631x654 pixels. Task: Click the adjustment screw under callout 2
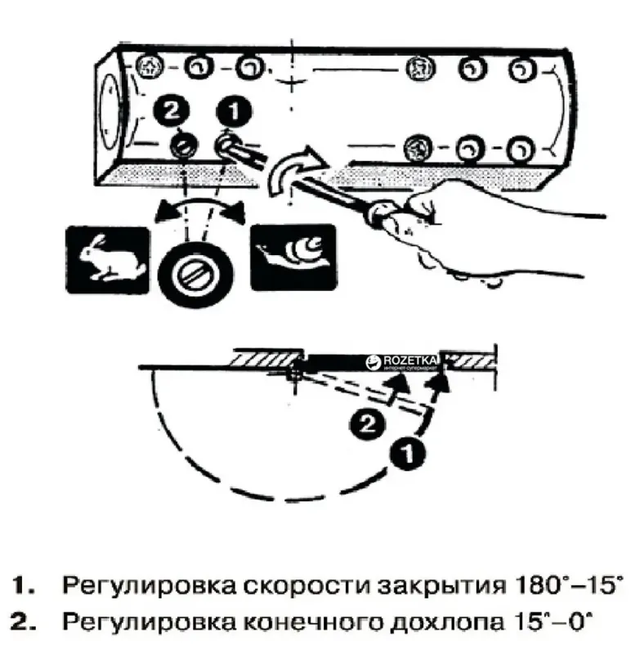click(184, 146)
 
